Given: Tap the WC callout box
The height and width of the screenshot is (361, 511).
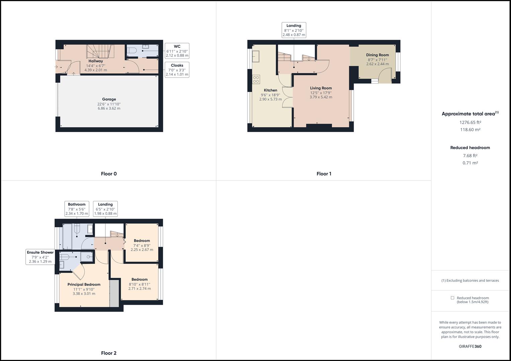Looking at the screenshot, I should coord(177,51).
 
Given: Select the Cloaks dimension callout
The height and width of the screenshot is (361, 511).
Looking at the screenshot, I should coord(177,70).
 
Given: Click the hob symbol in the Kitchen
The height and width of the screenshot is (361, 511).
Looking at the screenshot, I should coord(256,79).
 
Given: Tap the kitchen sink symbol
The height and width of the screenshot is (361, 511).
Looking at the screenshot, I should coord(256,56).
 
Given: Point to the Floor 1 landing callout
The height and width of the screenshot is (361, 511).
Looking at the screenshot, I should coord(294,30).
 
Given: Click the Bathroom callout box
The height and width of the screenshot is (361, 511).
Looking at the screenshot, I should coord(77,209).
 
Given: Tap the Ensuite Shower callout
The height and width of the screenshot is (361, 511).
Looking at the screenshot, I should coord(40,257).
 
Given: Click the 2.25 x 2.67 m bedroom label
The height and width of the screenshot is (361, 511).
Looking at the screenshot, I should coord(142,245).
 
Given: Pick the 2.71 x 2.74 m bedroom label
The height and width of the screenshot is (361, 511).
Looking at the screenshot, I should coord(140,284).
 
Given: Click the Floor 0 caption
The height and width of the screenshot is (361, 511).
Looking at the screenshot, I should coord(109,174).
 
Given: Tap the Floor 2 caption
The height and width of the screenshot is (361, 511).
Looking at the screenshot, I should coord(109,353).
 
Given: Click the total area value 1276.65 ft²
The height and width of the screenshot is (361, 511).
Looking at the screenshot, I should coord(470,122).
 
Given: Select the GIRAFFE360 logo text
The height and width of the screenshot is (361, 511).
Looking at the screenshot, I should coord(470,346).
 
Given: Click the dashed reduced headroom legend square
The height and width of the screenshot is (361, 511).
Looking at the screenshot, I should coord(452,298).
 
